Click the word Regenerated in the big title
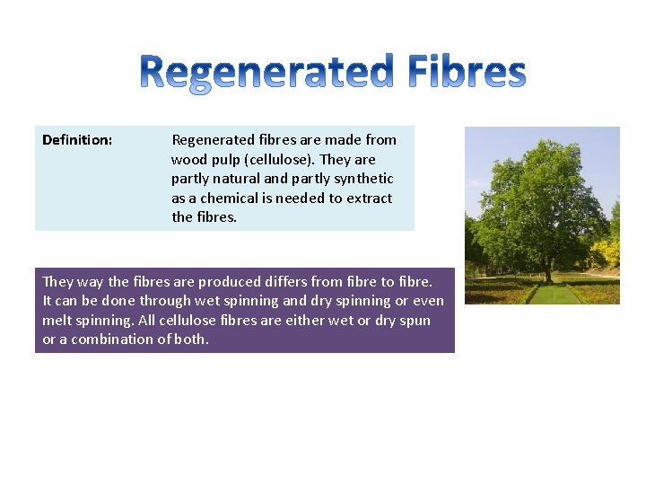266,72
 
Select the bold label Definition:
77,140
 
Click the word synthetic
362,179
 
